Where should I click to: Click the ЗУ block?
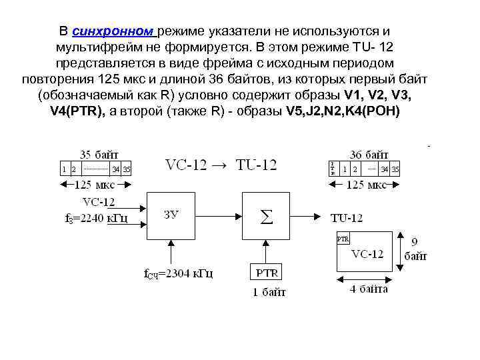click(173, 215)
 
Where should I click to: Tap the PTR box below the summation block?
click(267, 272)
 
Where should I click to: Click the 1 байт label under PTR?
click(268, 292)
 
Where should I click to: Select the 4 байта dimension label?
click(369, 289)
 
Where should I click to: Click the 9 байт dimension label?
click(415, 249)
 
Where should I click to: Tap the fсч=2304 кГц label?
click(179, 273)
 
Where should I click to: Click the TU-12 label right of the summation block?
click(347, 217)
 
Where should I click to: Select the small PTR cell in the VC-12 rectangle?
click(343, 239)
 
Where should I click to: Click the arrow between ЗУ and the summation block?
click(220, 216)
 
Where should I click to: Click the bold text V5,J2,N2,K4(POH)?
click(343, 111)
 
